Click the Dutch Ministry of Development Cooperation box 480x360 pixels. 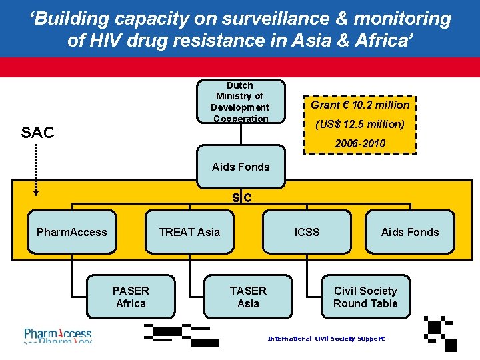point(240,102)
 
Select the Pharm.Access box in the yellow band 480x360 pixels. point(72,232)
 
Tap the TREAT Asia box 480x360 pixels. point(189,232)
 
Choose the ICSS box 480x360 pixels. point(307,232)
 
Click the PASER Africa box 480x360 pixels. point(131,297)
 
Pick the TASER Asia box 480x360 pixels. point(248,297)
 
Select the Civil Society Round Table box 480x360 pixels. point(365,297)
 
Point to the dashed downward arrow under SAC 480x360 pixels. point(36,171)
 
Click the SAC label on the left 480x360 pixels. point(37,133)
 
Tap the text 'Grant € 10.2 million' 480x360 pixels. point(360,105)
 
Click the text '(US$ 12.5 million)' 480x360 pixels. point(360,125)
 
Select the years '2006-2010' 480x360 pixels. point(360,144)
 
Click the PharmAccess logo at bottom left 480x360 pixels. point(59,335)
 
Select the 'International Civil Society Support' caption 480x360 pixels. point(326,339)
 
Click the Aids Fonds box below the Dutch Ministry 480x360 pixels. point(241,167)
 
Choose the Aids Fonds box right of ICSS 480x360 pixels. point(410,232)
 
